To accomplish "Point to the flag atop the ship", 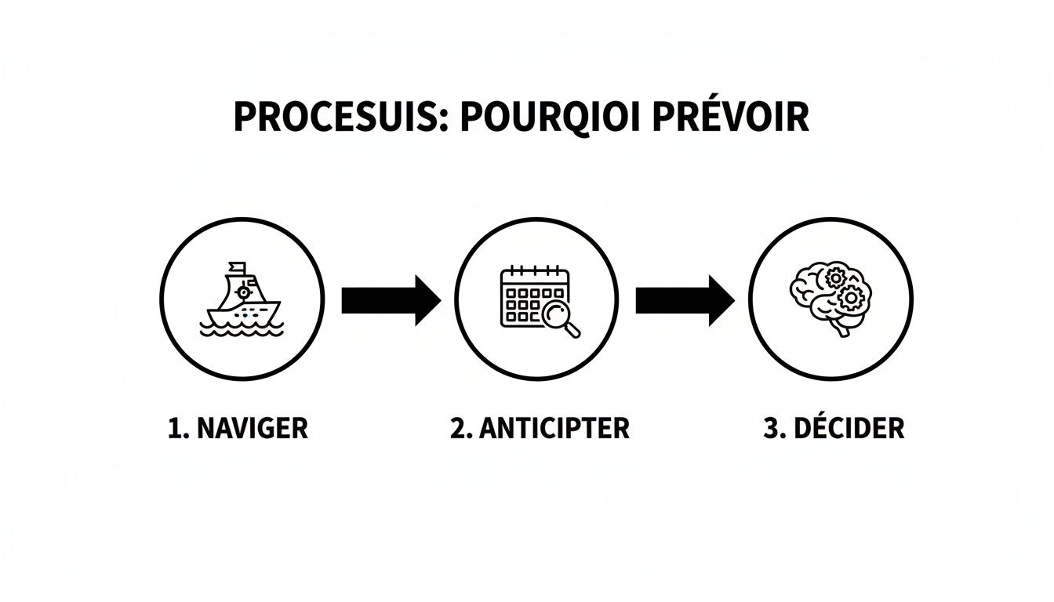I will (x=236, y=267).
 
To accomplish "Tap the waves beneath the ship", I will (x=241, y=328).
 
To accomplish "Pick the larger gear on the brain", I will (x=851, y=297).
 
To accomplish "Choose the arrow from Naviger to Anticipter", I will (x=391, y=300).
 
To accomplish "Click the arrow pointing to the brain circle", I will (x=685, y=300).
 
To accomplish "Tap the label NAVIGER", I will (x=251, y=429).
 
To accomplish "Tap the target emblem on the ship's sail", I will (x=245, y=292).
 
